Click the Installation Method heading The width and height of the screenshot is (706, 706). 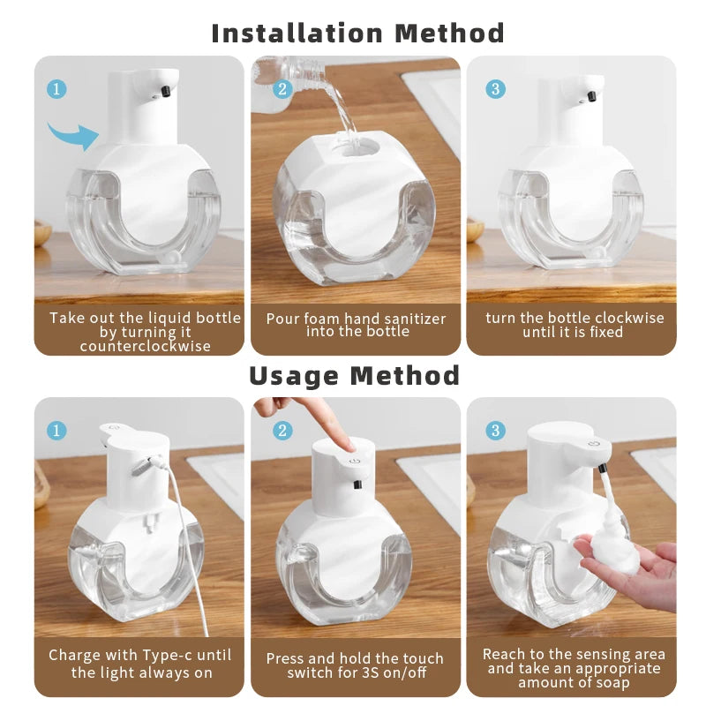coord(357,34)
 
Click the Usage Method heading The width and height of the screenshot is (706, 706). coord(354,375)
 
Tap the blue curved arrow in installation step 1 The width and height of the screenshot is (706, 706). coord(72,134)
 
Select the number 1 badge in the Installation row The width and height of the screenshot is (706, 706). coord(56,89)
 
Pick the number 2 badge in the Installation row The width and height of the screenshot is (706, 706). coord(282,89)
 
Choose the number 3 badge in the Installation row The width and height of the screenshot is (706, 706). coord(496,89)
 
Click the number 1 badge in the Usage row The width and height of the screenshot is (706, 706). coord(56,430)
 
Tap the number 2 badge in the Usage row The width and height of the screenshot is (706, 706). coord(282,430)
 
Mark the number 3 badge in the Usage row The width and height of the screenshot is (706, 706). coord(496,430)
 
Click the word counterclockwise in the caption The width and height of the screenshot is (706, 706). coord(146,346)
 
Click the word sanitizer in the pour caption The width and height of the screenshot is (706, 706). coord(416,319)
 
